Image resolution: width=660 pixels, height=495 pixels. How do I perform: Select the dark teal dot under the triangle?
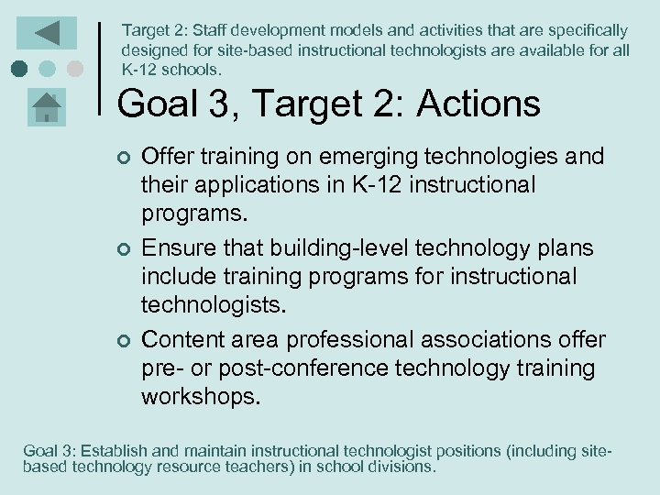pyautogui.click(x=18, y=69)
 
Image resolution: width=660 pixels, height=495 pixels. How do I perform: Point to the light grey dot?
pyautogui.click(x=75, y=69)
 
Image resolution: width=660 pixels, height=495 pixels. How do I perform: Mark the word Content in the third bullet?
pyautogui.click(x=180, y=340)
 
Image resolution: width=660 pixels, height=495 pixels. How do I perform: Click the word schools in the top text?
pyautogui.click(x=190, y=70)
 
